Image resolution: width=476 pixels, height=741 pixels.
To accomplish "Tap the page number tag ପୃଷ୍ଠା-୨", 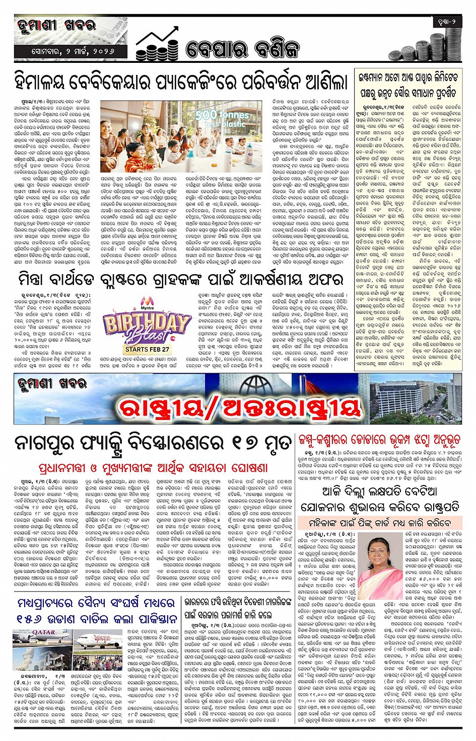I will [x=446, y=22].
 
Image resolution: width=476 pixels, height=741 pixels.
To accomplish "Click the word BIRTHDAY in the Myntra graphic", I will [x=139, y=321].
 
